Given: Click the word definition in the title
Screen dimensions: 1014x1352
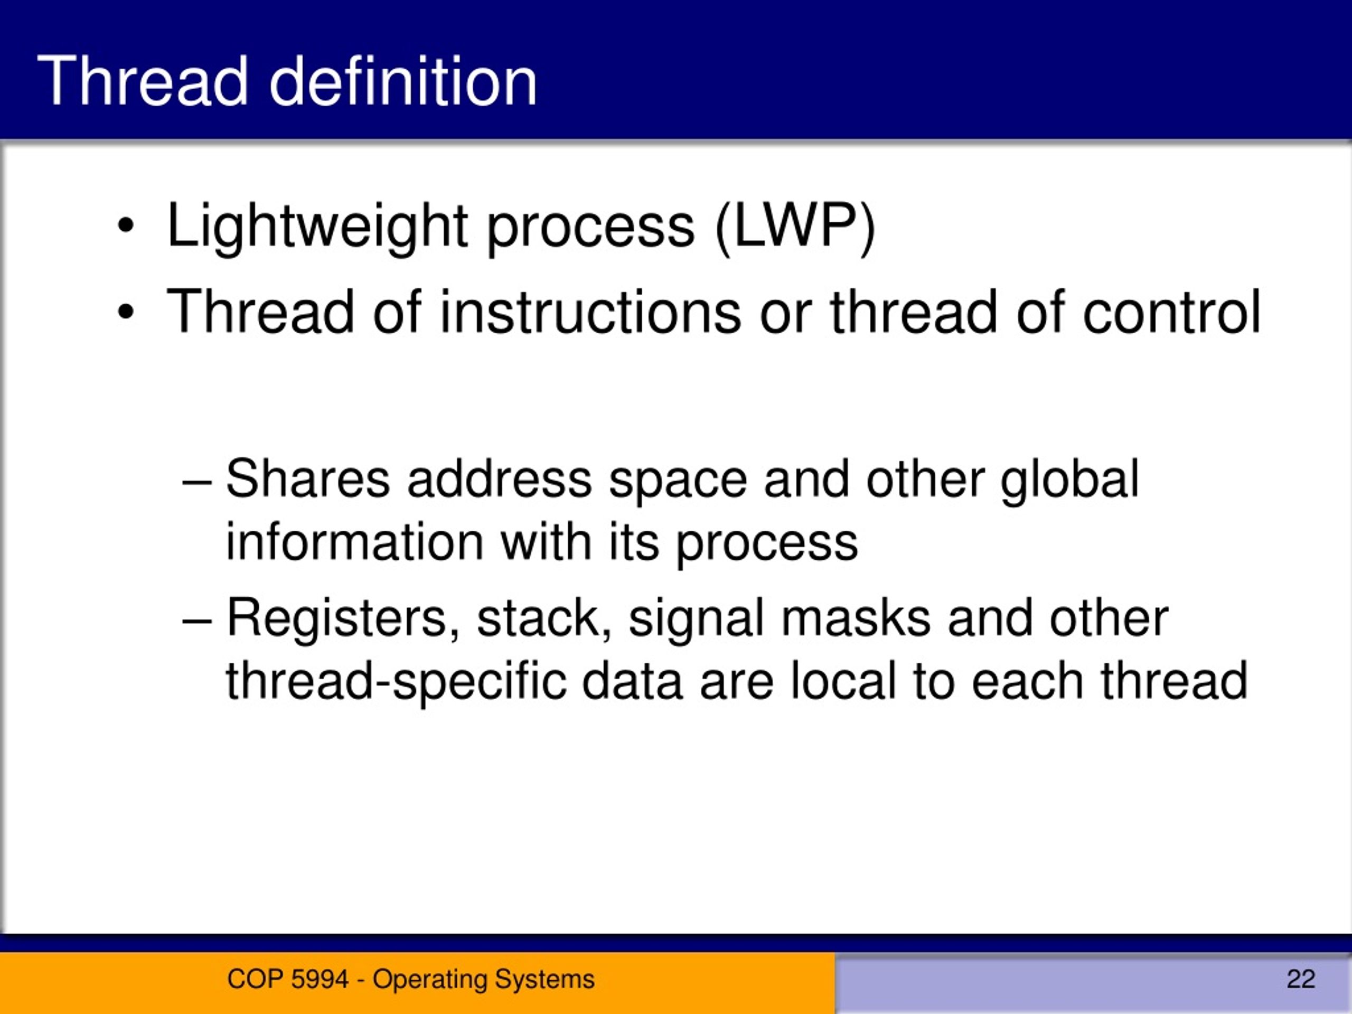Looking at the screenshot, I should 403,81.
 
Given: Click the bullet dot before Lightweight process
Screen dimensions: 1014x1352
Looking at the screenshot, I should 125,226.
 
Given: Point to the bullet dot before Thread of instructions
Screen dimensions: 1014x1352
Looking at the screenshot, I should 125,313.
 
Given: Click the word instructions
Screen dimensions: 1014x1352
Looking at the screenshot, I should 590,313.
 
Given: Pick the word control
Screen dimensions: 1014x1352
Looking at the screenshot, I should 1171,313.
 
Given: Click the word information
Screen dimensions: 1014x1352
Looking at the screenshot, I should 354,543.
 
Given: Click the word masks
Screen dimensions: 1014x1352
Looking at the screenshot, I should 856,618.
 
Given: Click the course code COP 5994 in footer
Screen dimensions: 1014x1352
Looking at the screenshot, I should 287,979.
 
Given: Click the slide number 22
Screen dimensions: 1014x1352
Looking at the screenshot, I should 1301,979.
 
